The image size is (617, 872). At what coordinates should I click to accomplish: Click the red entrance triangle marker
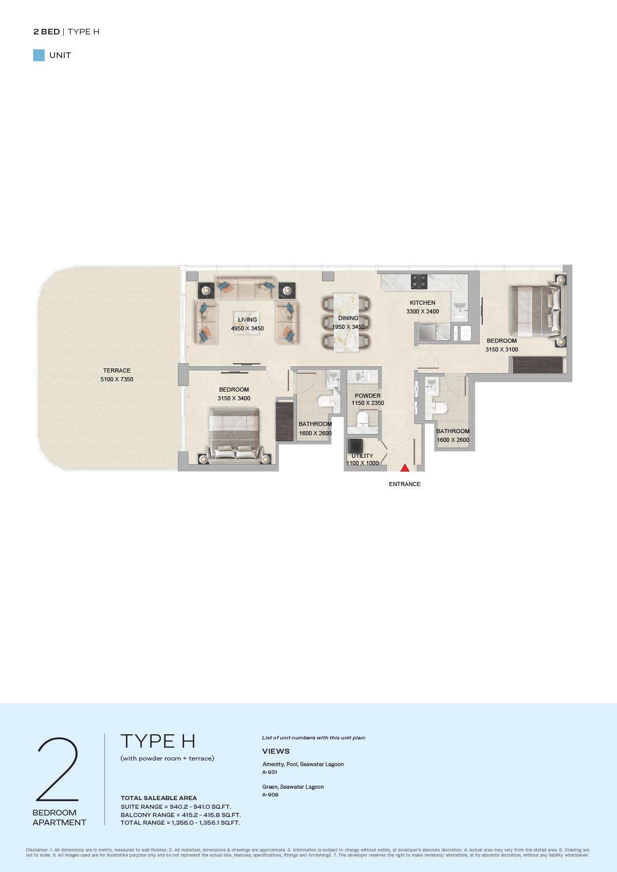coord(405,468)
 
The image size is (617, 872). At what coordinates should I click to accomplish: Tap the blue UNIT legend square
coord(39,55)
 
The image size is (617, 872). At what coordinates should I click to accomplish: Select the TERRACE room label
coord(117,370)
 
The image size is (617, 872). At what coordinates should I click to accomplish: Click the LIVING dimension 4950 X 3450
coord(247,328)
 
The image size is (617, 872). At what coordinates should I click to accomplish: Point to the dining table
coord(346,322)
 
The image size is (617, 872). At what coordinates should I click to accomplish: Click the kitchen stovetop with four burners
coord(419,282)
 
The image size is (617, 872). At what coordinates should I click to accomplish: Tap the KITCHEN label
coord(423,303)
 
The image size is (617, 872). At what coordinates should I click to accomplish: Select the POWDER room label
coord(368,396)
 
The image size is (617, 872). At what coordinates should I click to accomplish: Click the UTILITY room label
coord(362,455)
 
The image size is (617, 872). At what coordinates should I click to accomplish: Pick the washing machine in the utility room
coord(356,446)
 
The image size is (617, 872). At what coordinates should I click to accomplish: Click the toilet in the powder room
coord(362,418)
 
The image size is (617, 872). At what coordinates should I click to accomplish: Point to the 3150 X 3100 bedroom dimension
coord(502,349)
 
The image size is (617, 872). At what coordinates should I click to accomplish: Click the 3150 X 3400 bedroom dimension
coord(234,398)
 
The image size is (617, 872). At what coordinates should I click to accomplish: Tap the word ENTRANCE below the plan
coord(405,484)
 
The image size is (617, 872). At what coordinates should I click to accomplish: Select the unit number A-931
coord(269,772)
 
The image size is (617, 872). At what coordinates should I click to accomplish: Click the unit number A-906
coord(270,794)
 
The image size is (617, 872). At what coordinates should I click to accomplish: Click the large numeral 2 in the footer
coord(57,769)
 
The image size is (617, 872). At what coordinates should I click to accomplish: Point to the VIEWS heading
coord(276,751)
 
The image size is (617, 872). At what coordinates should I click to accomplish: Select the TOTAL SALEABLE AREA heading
coord(158,797)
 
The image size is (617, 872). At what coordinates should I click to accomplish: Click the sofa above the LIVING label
coord(245,288)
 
